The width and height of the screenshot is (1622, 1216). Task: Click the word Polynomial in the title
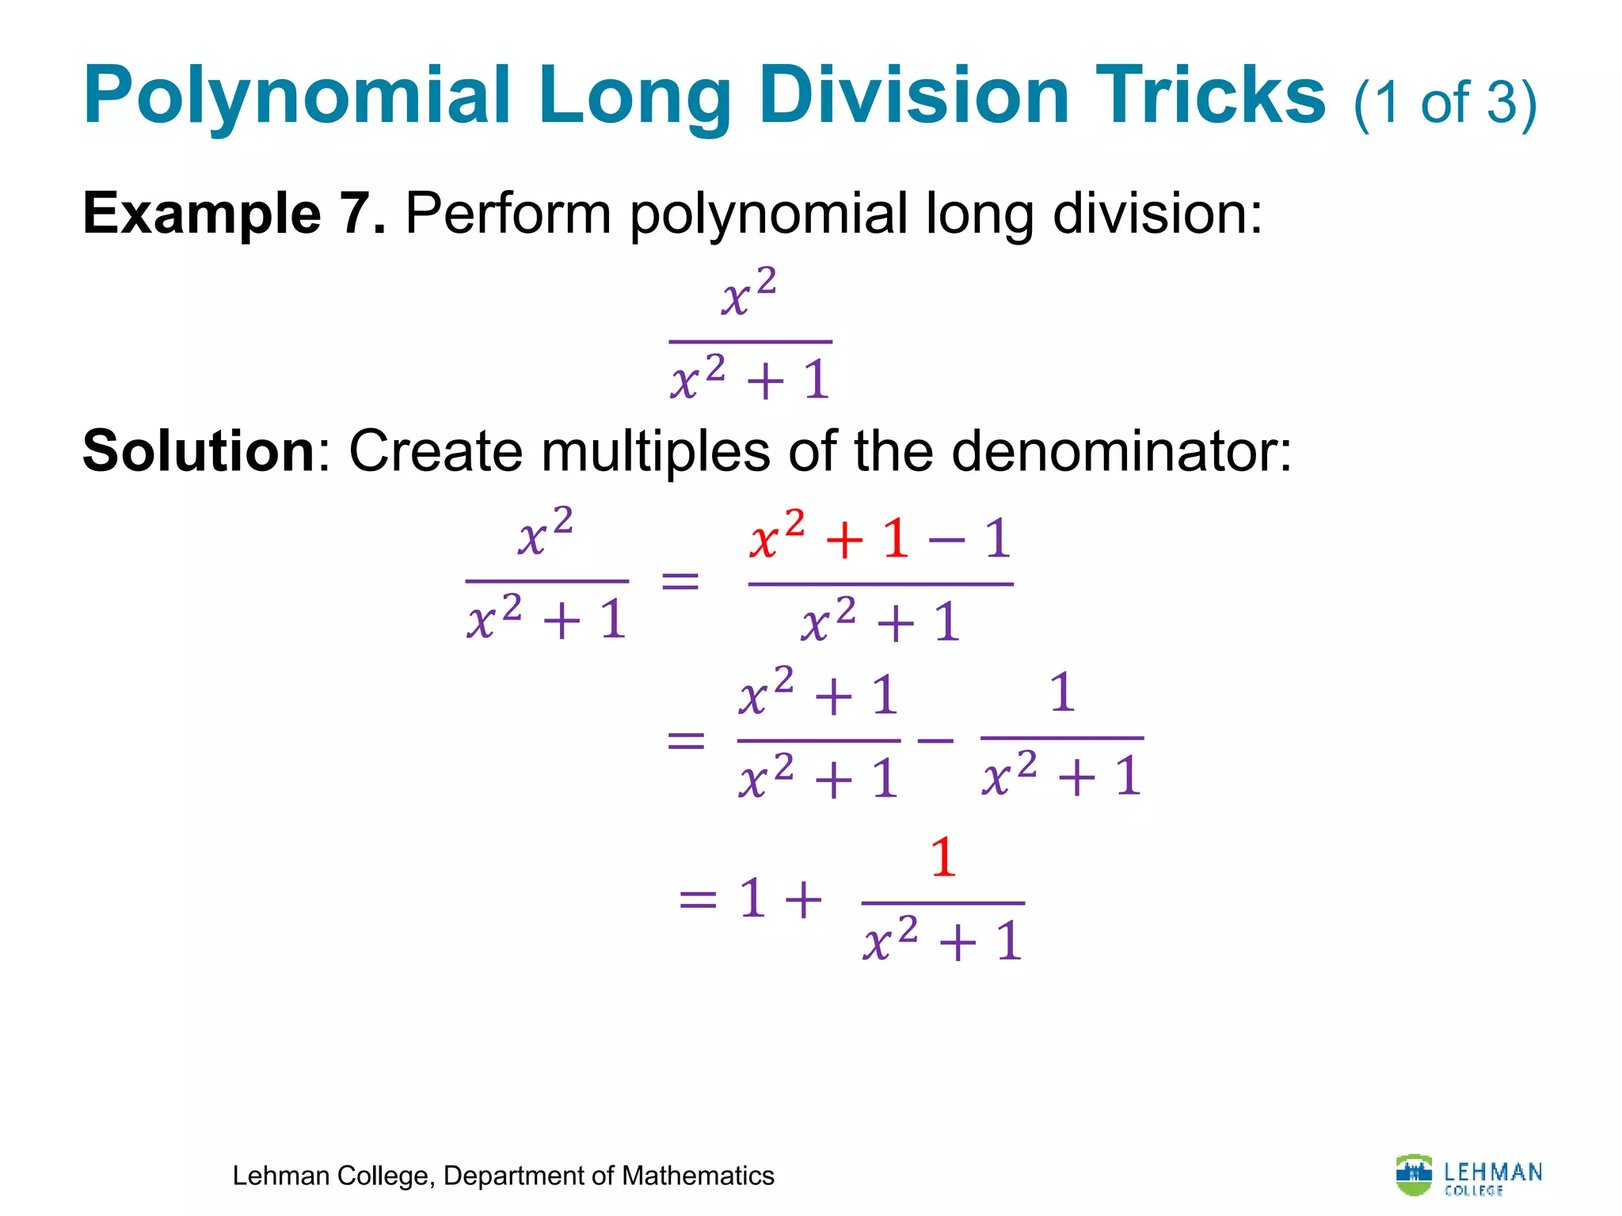[x=296, y=97]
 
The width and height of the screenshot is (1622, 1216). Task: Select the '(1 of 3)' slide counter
[x=1445, y=104]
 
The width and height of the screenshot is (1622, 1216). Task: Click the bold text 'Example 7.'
[x=234, y=214]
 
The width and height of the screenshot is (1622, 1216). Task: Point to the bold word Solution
[x=199, y=451]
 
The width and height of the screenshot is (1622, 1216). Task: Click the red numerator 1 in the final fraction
[x=942, y=858]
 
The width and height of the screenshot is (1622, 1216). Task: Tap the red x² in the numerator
[x=777, y=536]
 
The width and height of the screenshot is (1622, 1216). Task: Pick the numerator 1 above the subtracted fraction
[x=1061, y=693]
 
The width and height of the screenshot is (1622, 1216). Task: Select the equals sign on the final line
[x=698, y=900]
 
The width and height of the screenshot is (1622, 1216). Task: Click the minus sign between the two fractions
[x=935, y=741]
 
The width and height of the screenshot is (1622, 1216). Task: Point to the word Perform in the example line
[x=508, y=214]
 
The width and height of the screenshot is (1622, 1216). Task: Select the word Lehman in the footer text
[x=281, y=1176]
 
